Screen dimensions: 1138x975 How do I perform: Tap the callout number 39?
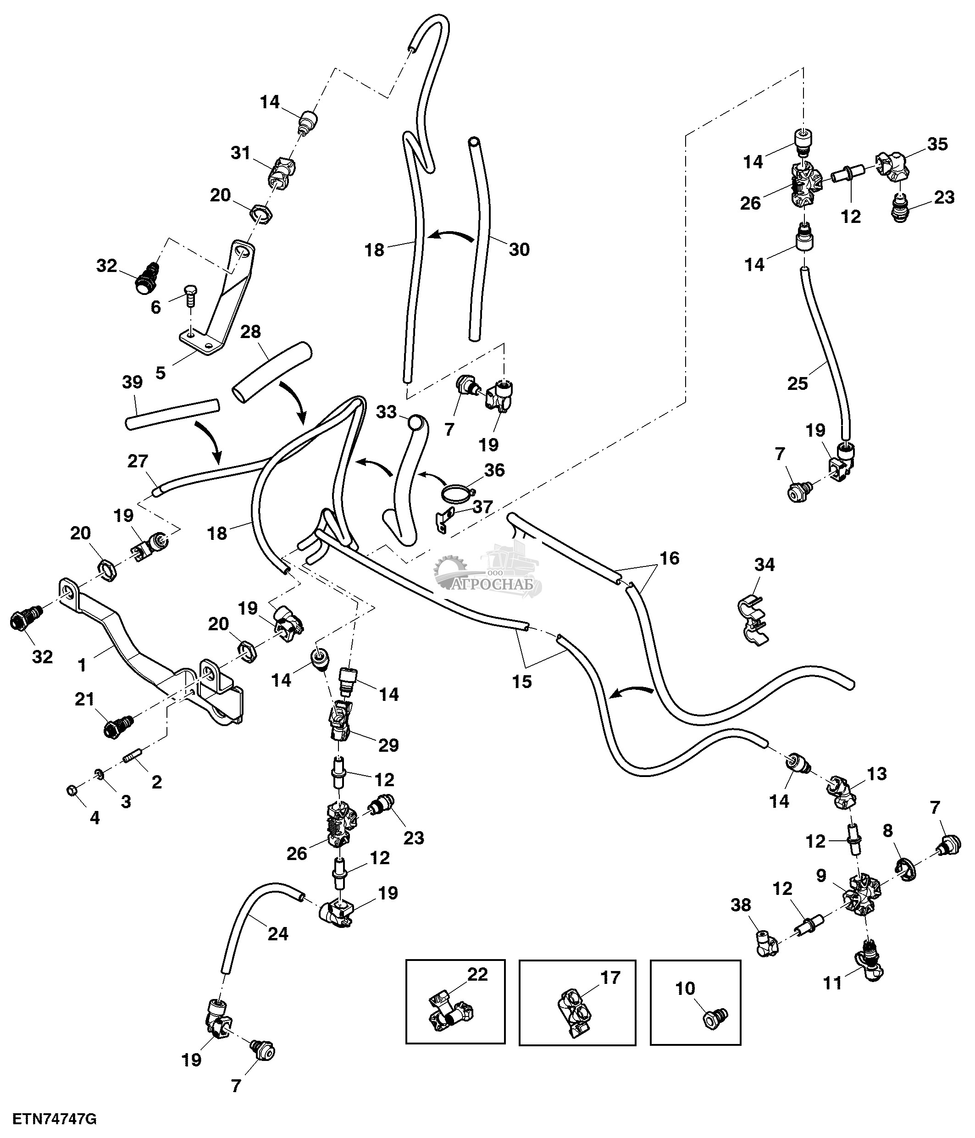[x=132, y=382]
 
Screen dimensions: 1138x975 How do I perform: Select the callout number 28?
[x=250, y=332]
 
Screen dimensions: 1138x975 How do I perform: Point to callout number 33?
[x=387, y=411]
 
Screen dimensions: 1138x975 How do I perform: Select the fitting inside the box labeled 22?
[x=449, y=1016]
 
